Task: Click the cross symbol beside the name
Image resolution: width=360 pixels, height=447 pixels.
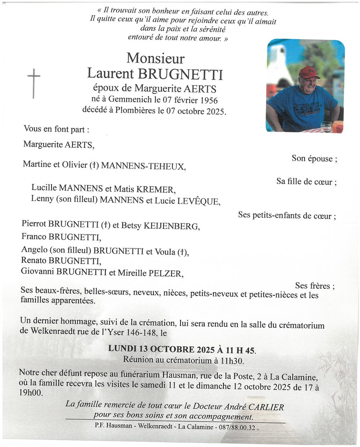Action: coord(34,83)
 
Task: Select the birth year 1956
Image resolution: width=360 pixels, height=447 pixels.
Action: coord(209,101)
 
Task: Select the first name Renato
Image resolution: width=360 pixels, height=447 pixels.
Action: coord(34,260)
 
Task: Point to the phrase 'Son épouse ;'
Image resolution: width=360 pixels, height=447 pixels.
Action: coord(314,159)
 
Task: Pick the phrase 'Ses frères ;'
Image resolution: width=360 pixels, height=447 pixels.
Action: coord(315,286)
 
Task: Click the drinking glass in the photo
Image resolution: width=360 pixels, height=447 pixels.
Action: coord(326,127)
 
